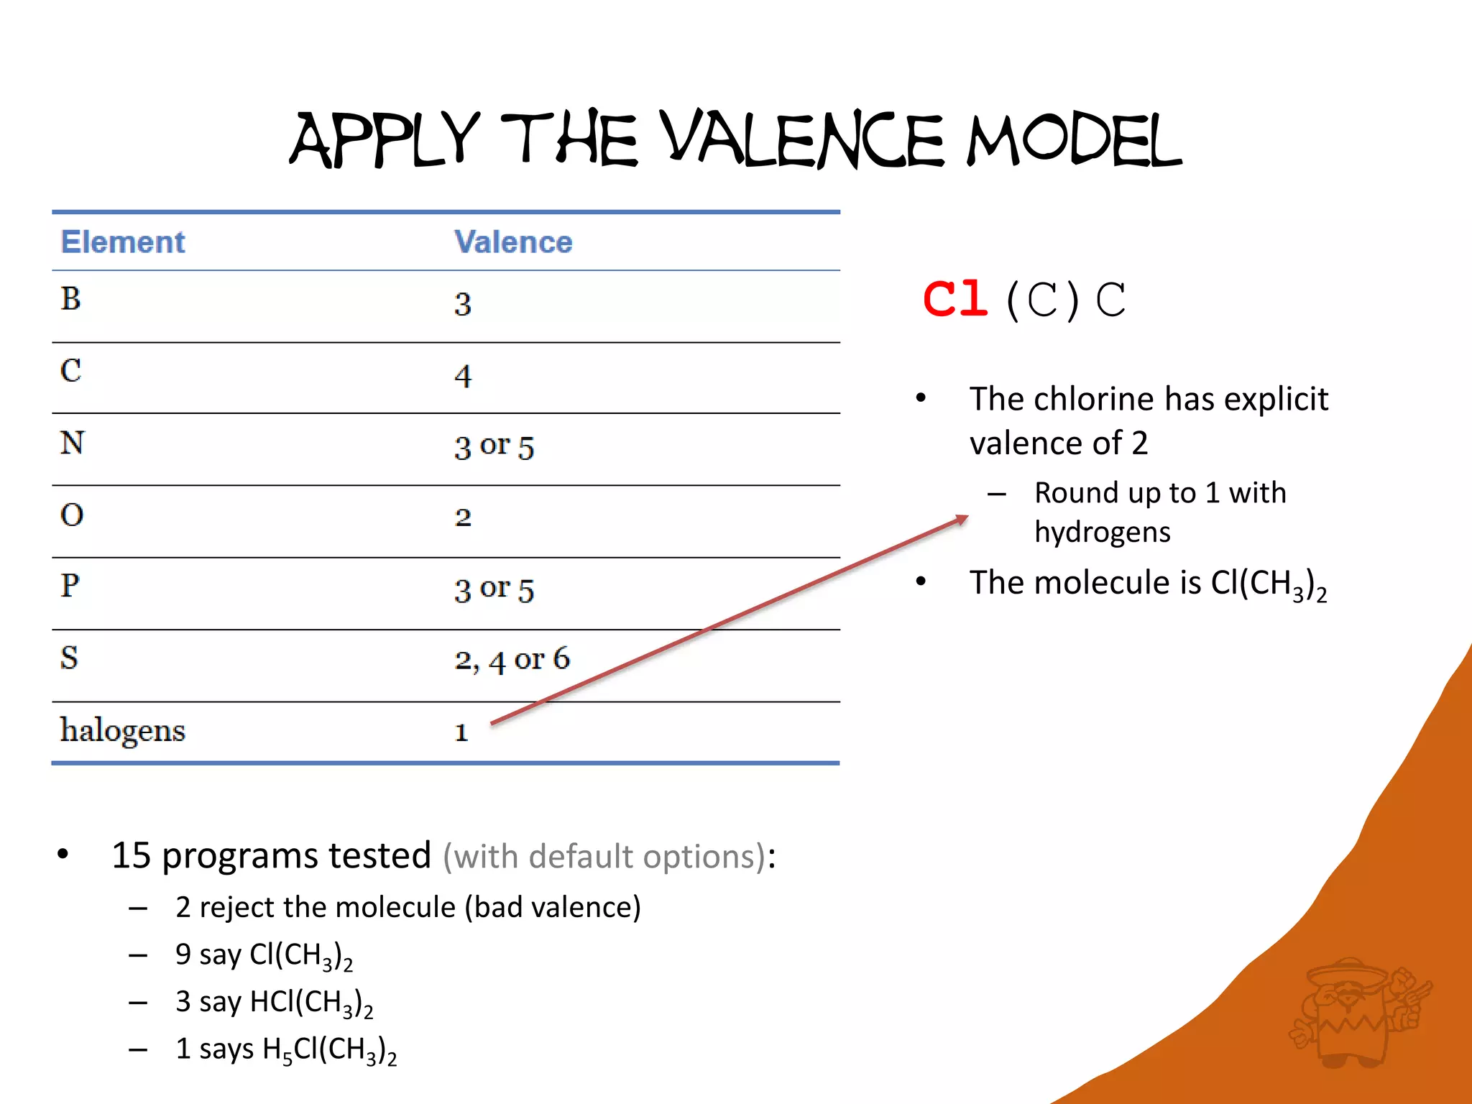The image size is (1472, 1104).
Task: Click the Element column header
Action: point(123,242)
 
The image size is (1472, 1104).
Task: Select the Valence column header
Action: point(513,242)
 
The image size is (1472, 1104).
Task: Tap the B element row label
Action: point(70,299)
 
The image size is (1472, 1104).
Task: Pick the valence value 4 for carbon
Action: point(463,376)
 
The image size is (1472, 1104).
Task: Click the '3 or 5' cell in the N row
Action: point(494,446)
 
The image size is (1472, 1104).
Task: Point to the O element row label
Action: point(72,515)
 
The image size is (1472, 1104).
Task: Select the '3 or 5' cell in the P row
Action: point(494,589)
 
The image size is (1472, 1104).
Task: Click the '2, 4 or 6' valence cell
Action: point(512,659)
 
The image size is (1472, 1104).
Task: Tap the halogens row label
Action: point(123,731)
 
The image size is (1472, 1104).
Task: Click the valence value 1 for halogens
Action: point(461,732)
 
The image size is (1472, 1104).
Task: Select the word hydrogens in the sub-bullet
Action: point(1102,533)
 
